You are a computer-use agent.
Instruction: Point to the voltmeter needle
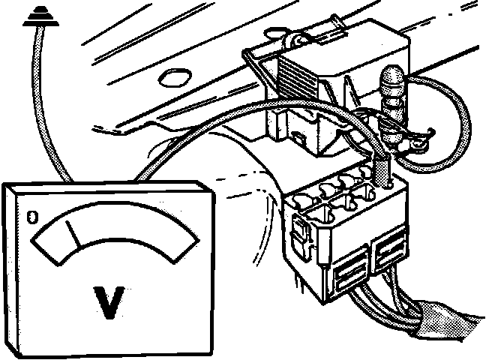click(73, 232)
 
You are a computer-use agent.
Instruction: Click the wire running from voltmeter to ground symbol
click(45, 112)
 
